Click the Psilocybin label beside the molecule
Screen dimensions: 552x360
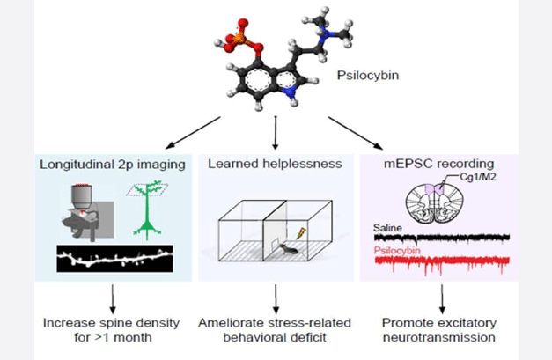click(x=368, y=76)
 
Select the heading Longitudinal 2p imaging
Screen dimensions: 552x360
click(x=113, y=165)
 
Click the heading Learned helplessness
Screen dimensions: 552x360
click(x=275, y=164)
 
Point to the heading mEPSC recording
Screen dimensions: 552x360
click(x=439, y=164)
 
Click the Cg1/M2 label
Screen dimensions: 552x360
click(x=478, y=177)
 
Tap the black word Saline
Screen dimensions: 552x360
click(x=387, y=228)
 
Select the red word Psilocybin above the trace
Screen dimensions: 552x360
click(x=397, y=251)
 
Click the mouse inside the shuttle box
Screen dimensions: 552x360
click(x=288, y=249)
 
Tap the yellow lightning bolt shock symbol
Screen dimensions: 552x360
click(x=302, y=233)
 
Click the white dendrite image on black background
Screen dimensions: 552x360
click(x=114, y=259)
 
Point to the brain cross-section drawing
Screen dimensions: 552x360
click(x=434, y=203)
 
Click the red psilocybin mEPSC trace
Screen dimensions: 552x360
click(x=442, y=263)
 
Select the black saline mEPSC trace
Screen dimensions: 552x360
click(x=442, y=239)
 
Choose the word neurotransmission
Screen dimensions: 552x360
click(x=439, y=337)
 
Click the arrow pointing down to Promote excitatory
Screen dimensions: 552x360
click(x=442, y=298)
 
